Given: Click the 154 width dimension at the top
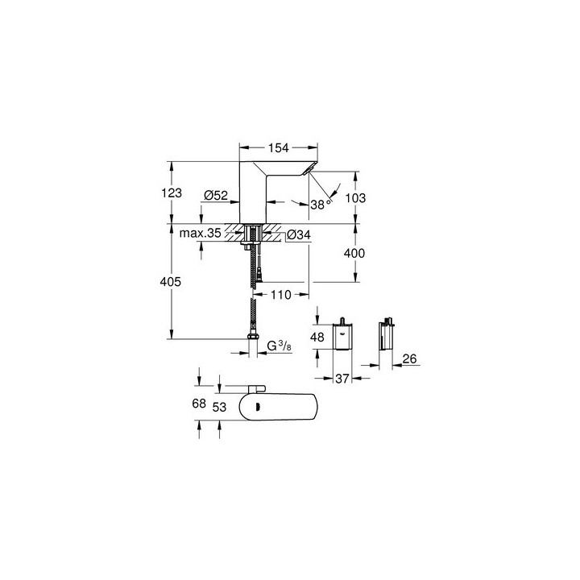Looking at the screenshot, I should pyautogui.click(x=280, y=149).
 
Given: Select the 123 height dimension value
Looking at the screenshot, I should pyautogui.click(x=171, y=193).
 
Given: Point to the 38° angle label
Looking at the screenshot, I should pyautogui.click(x=319, y=205).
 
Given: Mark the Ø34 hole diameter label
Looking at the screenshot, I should pyautogui.click(x=299, y=235).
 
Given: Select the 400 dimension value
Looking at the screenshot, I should pyautogui.click(x=354, y=253).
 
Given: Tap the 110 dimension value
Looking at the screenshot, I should pyautogui.click(x=280, y=295).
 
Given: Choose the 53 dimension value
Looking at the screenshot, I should pyautogui.click(x=219, y=408).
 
